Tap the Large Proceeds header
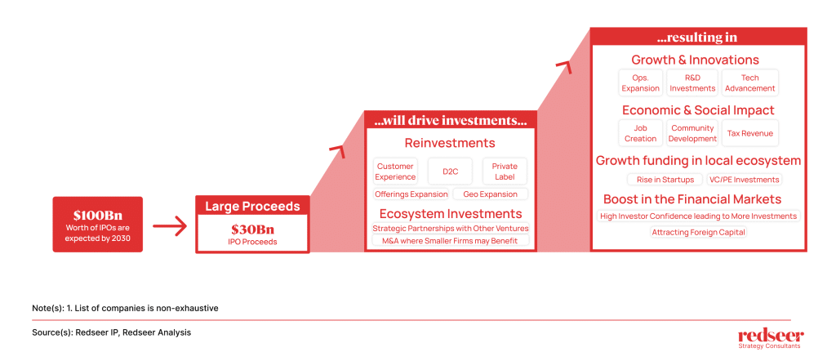[x=252, y=207]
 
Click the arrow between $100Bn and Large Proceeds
[x=170, y=226]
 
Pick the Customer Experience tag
[x=396, y=172]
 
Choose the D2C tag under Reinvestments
[x=450, y=172]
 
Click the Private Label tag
[x=505, y=172]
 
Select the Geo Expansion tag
[x=490, y=194]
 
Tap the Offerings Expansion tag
[x=411, y=194]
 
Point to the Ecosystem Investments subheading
[x=451, y=214]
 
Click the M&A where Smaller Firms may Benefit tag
[x=451, y=240]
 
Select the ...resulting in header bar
[x=699, y=38]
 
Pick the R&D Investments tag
[x=692, y=82]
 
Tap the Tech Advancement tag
[x=749, y=82]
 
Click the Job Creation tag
[x=640, y=133]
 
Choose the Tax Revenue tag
[x=749, y=133]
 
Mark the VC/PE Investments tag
[x=744, y=179]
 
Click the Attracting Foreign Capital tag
[x=699, y=233]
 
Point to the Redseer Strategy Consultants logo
[x=771, y=339]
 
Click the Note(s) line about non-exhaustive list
[x=125, y=308]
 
